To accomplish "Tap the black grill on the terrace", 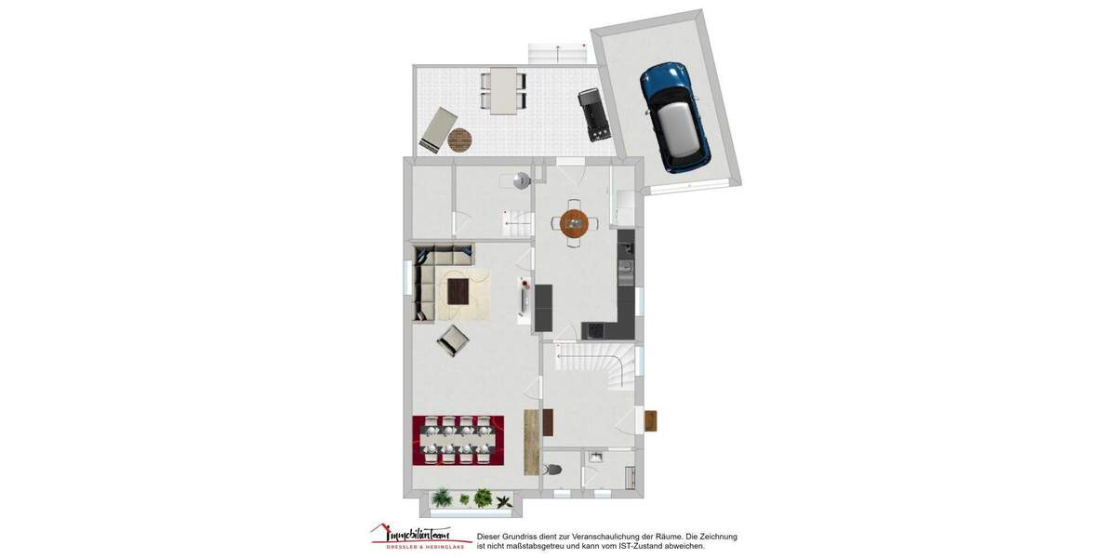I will [593, 113].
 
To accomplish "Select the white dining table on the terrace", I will [503, 90].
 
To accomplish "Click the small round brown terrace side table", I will [460, 140].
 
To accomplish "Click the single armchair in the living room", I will [453, 340].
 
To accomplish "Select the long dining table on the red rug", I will [458, 440].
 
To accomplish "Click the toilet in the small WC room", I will [555, 470].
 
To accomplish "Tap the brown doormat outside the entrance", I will [650, 421].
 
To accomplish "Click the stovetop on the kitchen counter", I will [593, 329].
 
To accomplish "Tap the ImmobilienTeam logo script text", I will [414, 535].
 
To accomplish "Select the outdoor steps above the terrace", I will [556, 53].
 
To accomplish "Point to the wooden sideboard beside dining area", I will [532, 442].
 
